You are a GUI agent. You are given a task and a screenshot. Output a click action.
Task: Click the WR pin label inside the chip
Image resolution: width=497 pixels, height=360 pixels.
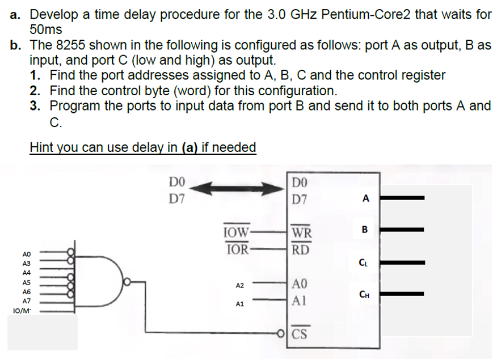point(301,233)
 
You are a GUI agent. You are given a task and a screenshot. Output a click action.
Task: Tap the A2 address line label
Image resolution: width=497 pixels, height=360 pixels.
point(239,285)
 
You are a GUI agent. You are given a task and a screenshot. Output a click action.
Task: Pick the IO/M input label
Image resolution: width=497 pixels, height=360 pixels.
point(21,311)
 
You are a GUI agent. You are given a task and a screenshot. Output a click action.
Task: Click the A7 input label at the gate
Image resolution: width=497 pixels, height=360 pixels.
point(26,301)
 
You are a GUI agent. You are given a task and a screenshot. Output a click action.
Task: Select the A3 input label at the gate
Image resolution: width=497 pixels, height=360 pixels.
point(26,264)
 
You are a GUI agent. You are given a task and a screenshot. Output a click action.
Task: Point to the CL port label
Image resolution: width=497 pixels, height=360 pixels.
point(363,261)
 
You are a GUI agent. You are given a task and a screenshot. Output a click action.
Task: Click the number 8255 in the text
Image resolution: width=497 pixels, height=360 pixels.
point(69,45)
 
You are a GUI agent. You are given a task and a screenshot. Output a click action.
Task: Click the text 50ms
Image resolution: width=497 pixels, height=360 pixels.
point(46,29)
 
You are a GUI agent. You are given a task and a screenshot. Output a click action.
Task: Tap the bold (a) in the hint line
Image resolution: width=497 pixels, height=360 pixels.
point(190,147)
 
